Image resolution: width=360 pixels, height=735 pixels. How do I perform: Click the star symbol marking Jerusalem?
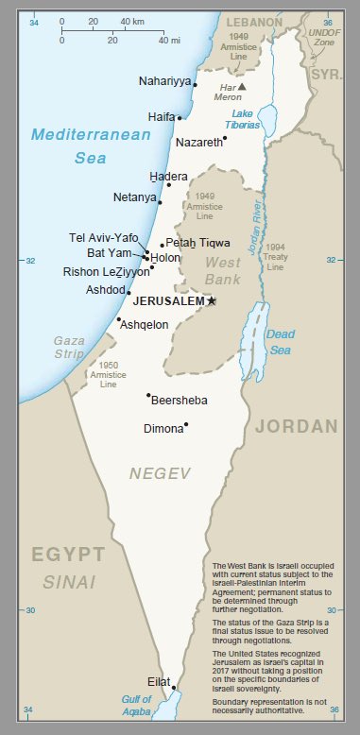click(x=212, y=300)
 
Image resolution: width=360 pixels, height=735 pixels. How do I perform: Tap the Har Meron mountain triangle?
click(x=241, y=86)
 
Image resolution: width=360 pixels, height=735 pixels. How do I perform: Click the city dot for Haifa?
click(x=180, y=118)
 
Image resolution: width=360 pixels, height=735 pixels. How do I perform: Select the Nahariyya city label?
click(x=164, y=81)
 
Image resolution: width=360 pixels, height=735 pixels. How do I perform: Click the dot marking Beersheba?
click(x=148, y=395)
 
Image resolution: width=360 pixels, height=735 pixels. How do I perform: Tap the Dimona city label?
click(x=162, y=428)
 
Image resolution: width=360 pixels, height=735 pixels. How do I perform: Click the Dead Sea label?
click(x=280, y=341)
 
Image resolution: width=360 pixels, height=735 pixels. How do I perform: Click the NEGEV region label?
click(x=161, y=471)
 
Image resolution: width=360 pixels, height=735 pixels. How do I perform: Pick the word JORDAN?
click(x=296, y=426)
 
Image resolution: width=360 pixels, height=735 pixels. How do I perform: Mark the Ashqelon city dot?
click(x=118, y=319)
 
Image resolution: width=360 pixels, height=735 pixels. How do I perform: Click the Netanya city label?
click(x=134, y=197)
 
